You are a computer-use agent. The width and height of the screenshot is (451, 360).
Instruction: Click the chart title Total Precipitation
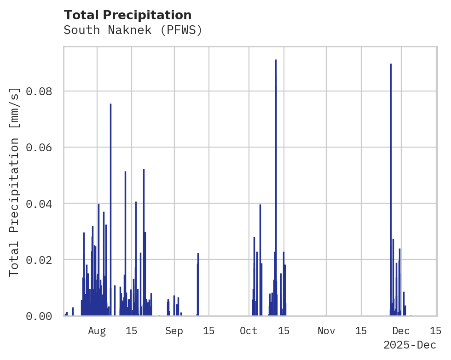click(127, 15)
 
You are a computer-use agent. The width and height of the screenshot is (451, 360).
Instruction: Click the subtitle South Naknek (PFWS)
click(133, 30)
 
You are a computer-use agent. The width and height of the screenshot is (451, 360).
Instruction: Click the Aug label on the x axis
click(97, 331)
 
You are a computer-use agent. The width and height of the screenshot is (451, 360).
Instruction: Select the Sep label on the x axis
click(174, 331)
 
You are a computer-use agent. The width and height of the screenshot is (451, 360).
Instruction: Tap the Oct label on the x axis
click(249, 331)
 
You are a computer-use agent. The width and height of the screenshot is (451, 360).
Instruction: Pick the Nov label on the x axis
click(326, 331)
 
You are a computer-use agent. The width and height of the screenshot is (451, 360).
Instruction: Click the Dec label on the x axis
click(401, 331)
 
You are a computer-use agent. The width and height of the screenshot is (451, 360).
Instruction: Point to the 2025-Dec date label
click(409, 345)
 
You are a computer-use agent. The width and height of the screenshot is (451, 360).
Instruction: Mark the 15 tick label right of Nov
click(361, 331)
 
